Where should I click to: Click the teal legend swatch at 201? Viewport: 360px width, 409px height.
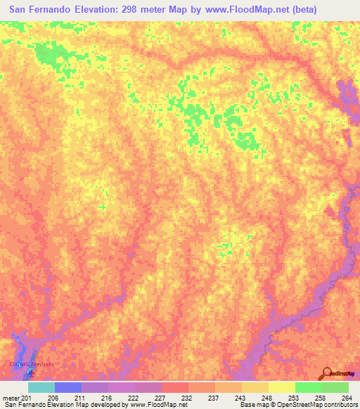tap(41, 387)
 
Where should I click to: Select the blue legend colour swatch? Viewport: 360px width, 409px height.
tap(68, 387)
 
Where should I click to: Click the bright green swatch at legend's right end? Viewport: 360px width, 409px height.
tap(335, 387)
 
